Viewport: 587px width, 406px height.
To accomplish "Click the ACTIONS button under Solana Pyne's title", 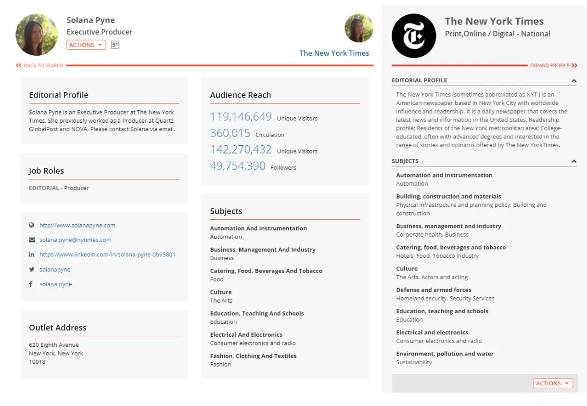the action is pos(86,45).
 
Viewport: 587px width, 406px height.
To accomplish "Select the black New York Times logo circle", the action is pos(414,36).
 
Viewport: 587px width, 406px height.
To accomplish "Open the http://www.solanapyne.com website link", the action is pos(77,225).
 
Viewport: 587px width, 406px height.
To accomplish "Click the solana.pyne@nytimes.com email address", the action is pos(76,240).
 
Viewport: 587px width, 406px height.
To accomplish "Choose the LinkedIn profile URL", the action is pos(107,254).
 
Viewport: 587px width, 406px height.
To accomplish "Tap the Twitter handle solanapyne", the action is pos(55,269).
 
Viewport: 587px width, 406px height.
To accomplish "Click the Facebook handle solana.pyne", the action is pos(56,284).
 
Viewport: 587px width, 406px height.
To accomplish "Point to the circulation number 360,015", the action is pos(230,133).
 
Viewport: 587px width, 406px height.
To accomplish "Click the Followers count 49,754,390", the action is pos(238,166).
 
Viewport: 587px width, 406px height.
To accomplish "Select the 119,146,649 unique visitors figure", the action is pos(241,117).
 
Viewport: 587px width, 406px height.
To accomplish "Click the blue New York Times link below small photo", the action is pos(334,53).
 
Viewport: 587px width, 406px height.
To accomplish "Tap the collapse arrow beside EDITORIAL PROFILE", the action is pos(574,81).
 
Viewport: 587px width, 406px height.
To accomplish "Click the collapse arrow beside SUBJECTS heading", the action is pos(574,162).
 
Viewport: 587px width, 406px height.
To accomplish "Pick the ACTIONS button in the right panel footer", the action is pos(553,383).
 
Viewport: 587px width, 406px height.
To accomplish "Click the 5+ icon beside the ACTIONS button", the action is pos(115,45).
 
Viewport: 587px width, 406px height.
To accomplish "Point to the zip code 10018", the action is pos(37,362).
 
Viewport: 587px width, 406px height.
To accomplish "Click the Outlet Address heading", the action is pos(58,328).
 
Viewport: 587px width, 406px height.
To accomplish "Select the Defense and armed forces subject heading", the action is pos(434,290).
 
